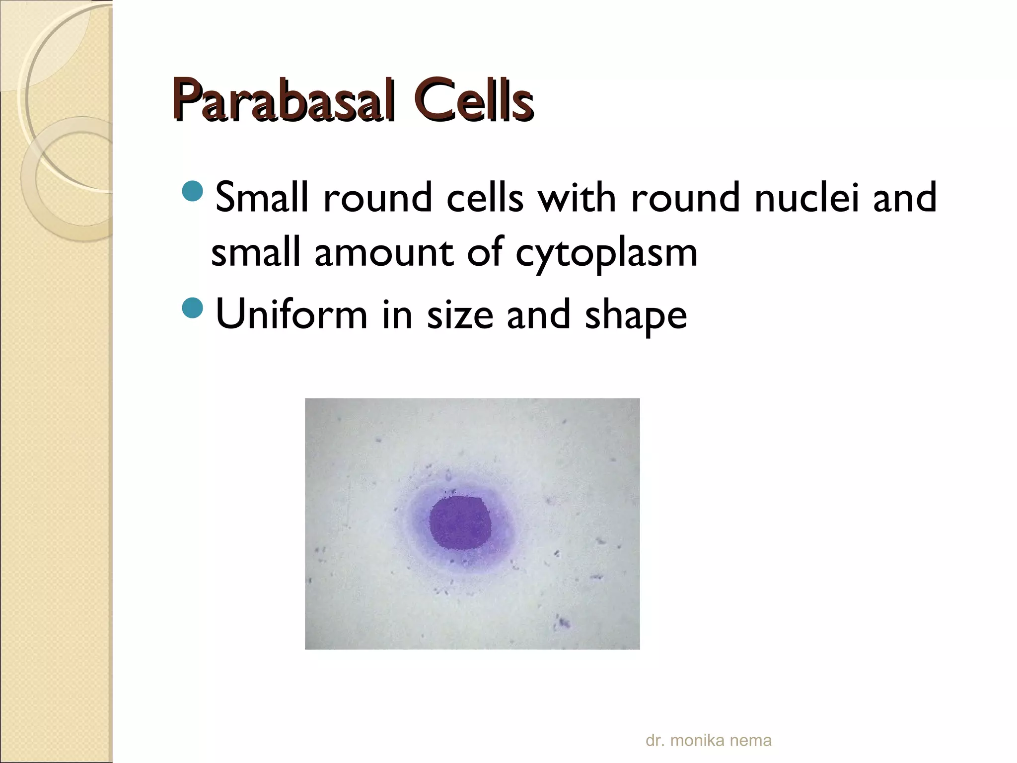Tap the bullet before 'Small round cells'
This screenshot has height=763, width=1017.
pyautogui.click(x=193, y=191)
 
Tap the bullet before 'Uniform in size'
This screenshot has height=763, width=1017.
pyautogui.click(x=193, y=308)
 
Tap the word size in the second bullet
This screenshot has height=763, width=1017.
pyautogui.click(x=460, y=314)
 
